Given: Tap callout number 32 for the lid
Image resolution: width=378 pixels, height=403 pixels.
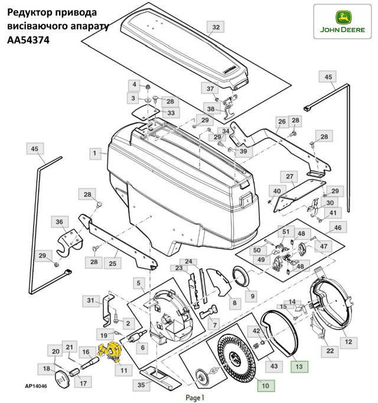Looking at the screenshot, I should (216, 28).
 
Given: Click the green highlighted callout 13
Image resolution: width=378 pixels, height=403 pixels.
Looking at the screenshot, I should (299, 366).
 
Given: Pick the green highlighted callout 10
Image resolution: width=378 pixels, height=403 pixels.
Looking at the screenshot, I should (265, 386).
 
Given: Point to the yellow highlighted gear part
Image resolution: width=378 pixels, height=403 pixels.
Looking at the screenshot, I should (110, 352).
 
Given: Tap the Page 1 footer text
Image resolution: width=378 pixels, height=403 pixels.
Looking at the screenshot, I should (195, 397).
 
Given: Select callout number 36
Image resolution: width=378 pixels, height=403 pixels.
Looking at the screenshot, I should (59, 222).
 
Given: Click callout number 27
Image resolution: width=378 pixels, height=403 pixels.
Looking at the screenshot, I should (290, 177).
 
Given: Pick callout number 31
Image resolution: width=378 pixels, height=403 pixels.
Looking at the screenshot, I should (90, 301).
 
